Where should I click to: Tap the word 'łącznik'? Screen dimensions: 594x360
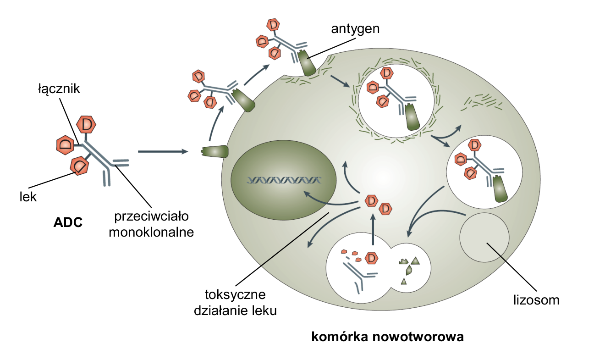point(59,89)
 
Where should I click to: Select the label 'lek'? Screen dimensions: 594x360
point(28,197)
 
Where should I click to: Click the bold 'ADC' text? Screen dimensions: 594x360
point(68,222)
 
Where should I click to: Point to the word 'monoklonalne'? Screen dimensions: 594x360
point(151,232)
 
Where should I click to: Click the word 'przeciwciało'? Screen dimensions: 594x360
point(151,216)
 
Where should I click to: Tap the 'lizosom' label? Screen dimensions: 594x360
point(536,300)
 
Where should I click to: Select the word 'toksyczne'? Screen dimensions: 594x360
point(235,295)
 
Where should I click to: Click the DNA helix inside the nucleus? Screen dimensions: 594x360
point(284,180)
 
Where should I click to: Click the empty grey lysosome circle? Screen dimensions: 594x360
point(484,237)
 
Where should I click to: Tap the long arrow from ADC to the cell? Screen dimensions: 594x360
point(163,151)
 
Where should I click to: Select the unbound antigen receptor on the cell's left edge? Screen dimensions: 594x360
point(215,151)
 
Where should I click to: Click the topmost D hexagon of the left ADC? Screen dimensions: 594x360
point(86,124)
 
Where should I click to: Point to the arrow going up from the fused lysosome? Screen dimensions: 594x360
point(373,229)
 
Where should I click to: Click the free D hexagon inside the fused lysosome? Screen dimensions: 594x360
point(371,258)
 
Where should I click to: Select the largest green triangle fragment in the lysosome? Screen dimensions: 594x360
point(415,261)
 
